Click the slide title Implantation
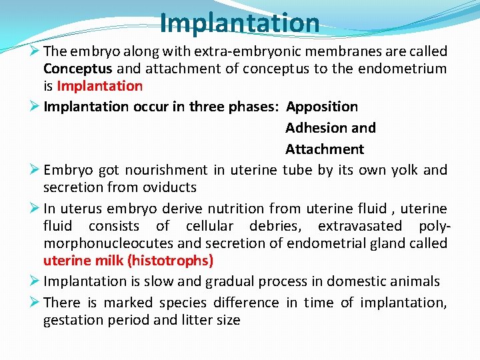(239, 23)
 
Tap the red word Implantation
(100, 86)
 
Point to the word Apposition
(322, 107)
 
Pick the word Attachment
(325, 149)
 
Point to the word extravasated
(360, 226)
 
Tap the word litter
(196, 320)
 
